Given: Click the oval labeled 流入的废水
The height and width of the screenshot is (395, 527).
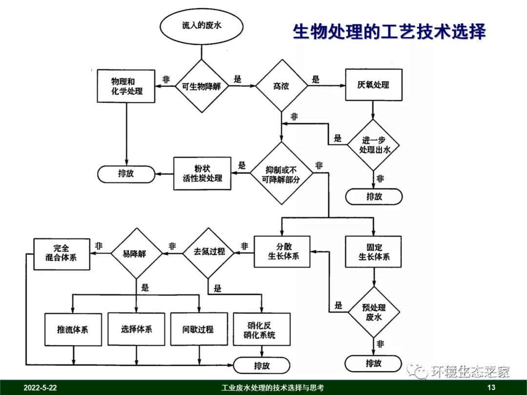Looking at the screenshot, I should [202, 25].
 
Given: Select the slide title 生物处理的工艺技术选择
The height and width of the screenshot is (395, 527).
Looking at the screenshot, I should [389, 32].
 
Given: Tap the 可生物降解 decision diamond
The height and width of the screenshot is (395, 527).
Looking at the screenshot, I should [202, 86].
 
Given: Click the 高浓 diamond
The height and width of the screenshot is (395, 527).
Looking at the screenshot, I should [281, 86].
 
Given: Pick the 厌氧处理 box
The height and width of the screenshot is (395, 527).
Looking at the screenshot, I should [373, 85].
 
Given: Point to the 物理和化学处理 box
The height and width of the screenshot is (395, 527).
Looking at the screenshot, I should [126, 86].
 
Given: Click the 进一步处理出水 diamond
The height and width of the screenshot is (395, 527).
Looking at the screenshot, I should [374, 145].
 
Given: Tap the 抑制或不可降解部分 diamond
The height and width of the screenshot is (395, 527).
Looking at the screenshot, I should [281, 174].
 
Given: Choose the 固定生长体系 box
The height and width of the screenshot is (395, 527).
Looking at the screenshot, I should [373, 252].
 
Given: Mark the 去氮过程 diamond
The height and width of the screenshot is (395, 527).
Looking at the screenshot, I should [209, 252].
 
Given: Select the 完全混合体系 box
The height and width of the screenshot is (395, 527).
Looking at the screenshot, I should [61, 254].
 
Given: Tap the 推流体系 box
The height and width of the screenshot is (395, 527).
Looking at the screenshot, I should [73, 329].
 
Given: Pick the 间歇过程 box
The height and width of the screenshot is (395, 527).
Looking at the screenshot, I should [198, 329].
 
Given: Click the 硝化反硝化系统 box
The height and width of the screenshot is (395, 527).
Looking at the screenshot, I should [262, 329].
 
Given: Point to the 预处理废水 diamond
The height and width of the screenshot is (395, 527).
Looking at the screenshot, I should [374, 312].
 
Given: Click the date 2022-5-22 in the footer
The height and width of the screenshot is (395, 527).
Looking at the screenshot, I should [41, 388].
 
